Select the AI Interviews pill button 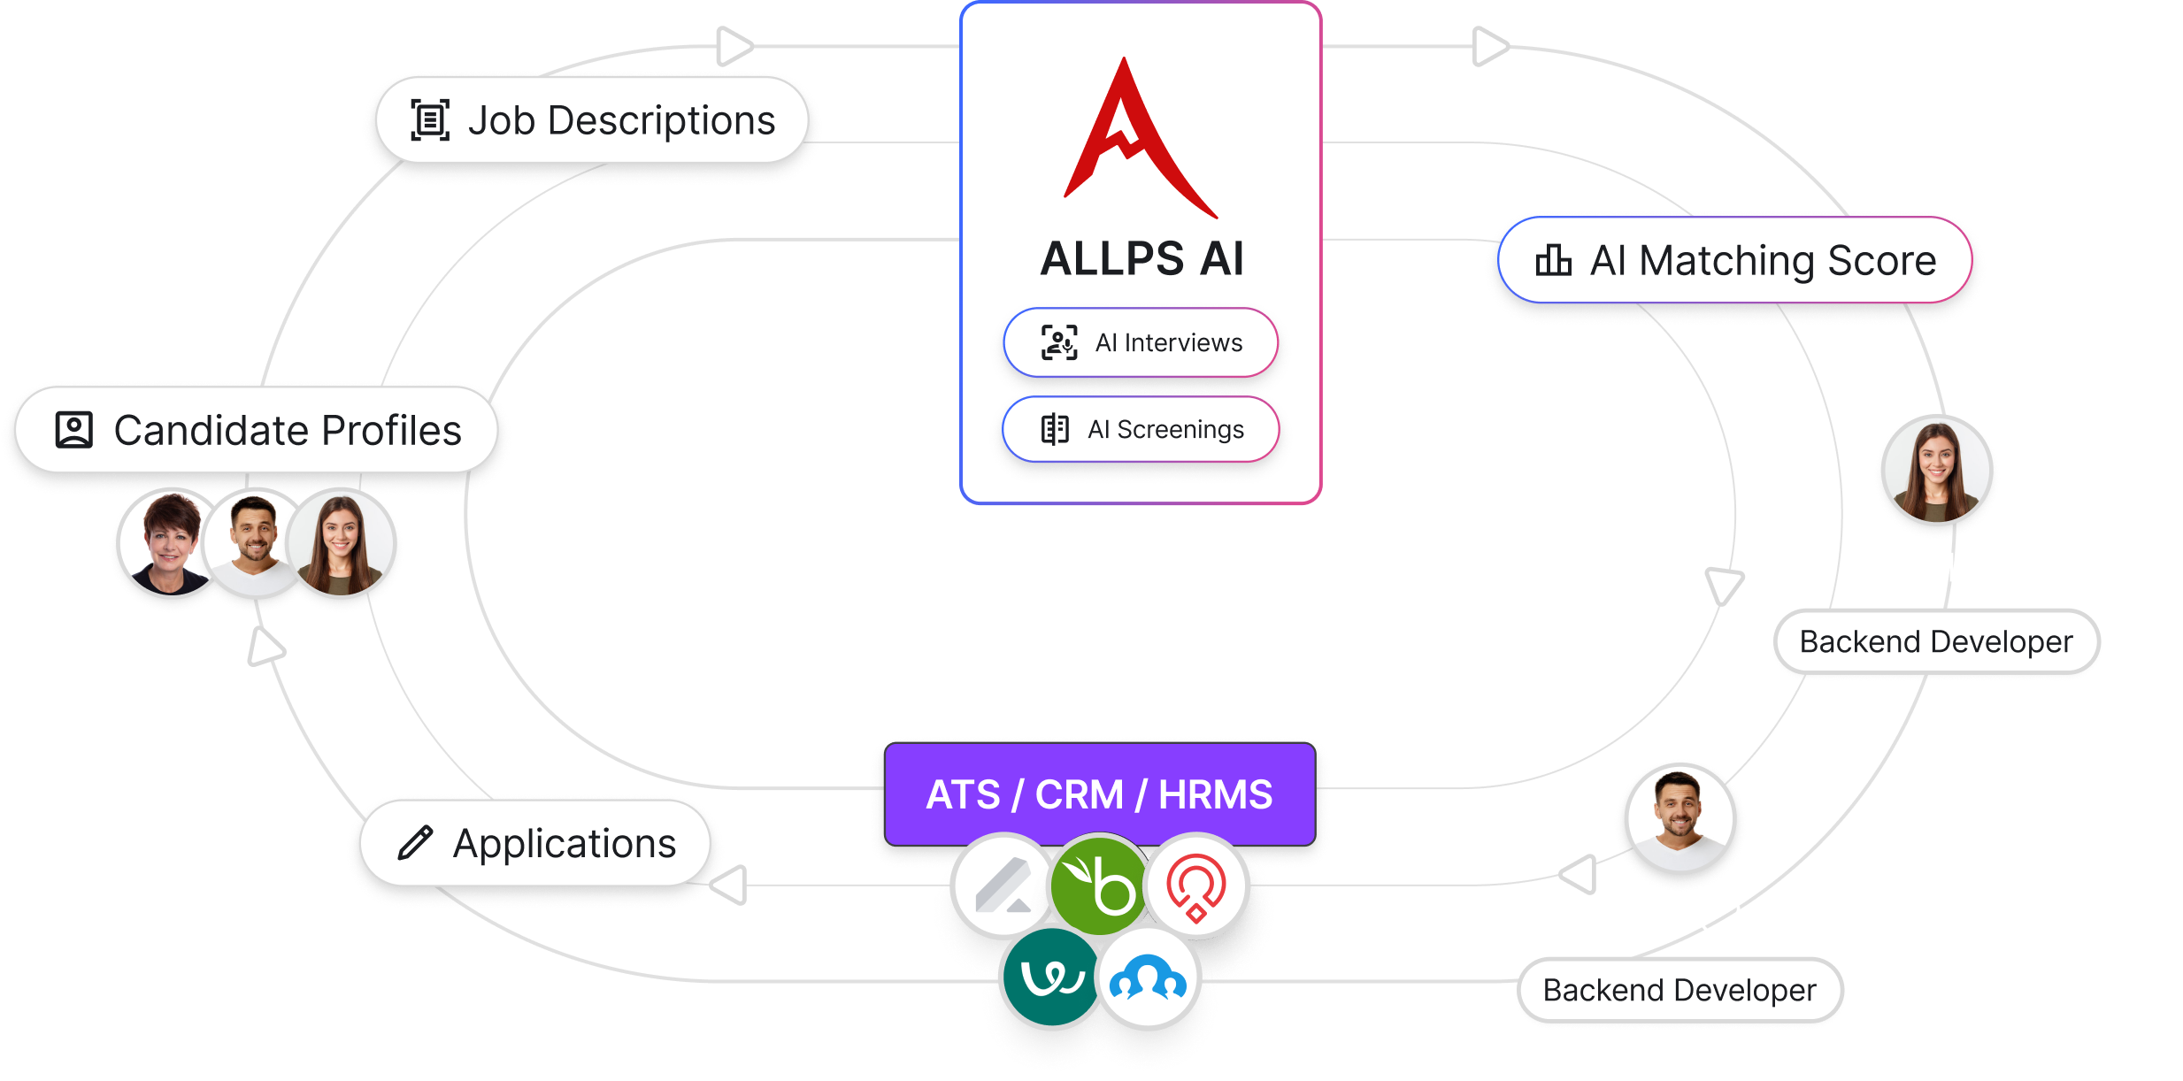click(1140, 342)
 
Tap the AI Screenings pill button click(1140, 429)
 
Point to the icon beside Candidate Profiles click(74, 430)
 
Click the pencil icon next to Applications click(414, 843)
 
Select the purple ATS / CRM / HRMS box click(1099, 793)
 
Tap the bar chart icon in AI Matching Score click(1553, 260)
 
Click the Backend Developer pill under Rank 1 click(1936, 641)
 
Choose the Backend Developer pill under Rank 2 click(1680, 990)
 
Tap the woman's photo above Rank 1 click(1936, 471)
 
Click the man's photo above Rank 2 click(1679, 818)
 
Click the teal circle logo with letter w click(1051, 977)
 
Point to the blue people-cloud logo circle click(1148, 978)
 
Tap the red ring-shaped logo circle click(1196, 885)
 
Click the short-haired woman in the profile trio click(170, 543)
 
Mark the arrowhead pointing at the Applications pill click(731, 885)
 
